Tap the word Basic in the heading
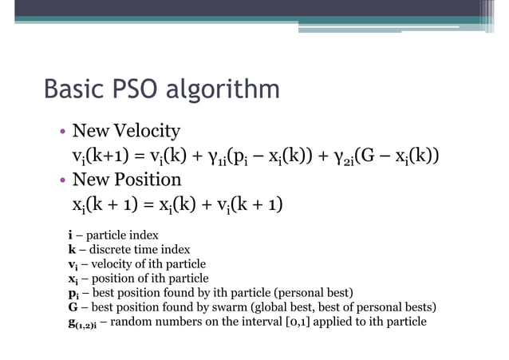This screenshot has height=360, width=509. [75, 90]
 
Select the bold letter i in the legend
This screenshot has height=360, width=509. [69, 235]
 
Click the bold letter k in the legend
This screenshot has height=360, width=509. [71, 250]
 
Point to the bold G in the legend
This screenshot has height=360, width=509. [72, 307]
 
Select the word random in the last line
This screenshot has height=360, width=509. [132, 322]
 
